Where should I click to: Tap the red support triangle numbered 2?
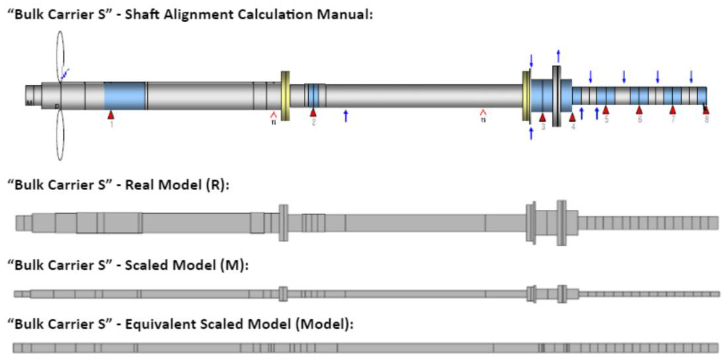pos(313,113)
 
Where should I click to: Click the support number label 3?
pos(543,127)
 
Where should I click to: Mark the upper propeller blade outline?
pos(60,56)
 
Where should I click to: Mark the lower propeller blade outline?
pos(60,135)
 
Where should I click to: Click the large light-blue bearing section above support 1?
pos(125,96)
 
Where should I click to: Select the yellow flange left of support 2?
pos(285,96)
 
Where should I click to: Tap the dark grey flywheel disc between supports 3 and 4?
pos(557,96)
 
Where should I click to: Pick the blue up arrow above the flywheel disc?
pos(558,56)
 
